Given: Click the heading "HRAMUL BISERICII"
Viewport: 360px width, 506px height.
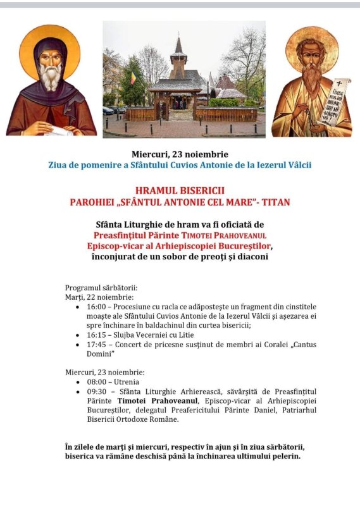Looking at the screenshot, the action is click(x=180, y=190).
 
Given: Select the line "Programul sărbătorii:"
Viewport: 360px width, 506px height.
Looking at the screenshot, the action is click(x=101, y=287).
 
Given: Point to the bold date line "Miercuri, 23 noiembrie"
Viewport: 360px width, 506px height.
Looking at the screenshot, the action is click(x=180, y=154).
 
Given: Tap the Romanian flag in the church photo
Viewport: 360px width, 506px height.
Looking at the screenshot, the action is click(x=133, y=78).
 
